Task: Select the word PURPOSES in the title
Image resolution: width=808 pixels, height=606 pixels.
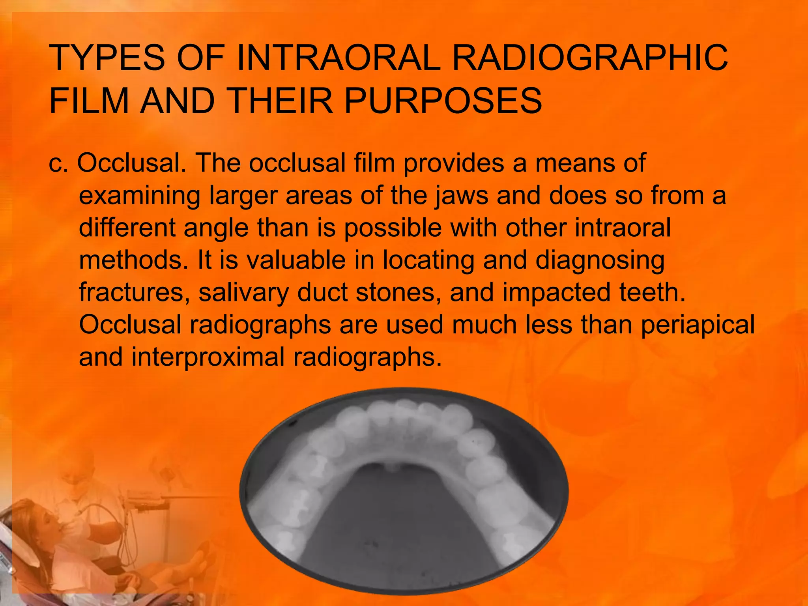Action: tap(443, 101)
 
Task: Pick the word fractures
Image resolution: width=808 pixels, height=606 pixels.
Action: tap(134, 292)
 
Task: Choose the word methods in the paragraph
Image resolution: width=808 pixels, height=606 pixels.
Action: tap(133, 260)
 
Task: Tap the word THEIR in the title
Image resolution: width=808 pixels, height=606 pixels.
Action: tap(279, 101)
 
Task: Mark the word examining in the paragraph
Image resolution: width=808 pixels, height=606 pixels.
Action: tap(140, 196)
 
